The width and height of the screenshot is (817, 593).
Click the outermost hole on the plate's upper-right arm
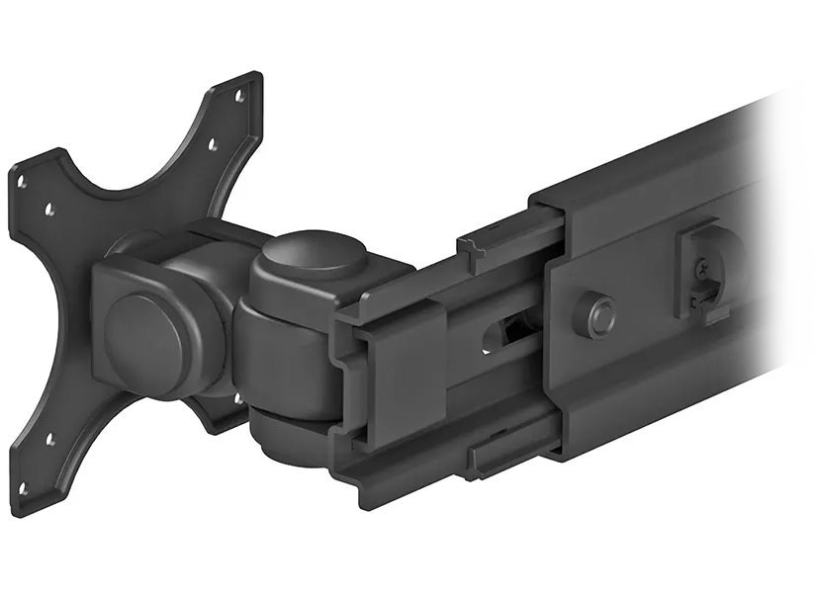238,97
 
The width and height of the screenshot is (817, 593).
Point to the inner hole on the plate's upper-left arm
49,210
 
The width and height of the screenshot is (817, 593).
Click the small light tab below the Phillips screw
708,296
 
